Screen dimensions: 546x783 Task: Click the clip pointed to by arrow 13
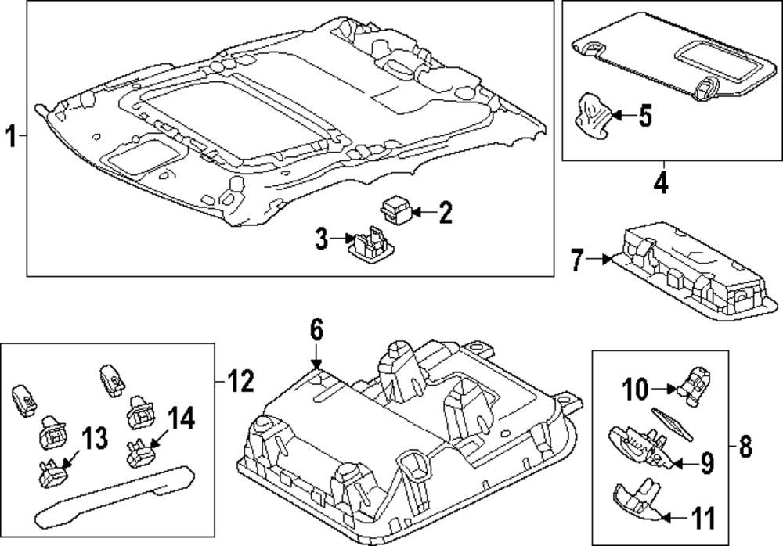click(51, 472)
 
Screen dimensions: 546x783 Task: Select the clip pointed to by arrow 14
click(137, 453)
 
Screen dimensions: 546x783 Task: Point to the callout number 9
click(706, 465)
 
